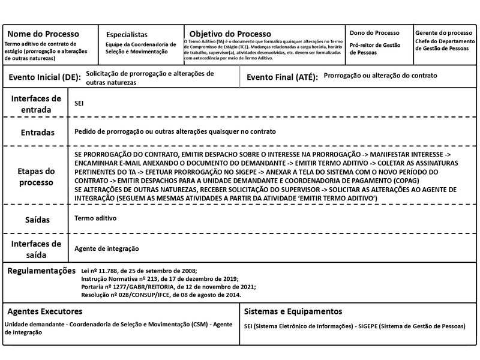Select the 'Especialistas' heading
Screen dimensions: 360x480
pos(127,34)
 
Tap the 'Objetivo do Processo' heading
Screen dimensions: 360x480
pos(230,34)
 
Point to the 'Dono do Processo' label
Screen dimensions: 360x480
pos(374,32)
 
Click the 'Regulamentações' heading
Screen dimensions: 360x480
pos(41,271)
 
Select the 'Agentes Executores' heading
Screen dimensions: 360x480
pos(45,311)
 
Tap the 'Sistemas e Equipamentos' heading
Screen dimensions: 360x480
pos(293,311)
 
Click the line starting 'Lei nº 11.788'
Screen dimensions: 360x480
pos(139,271)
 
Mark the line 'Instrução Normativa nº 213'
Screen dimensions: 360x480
pos(160,278)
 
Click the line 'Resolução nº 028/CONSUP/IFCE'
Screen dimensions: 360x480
pos(161,295)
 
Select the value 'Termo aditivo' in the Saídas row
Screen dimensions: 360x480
pos(95,220)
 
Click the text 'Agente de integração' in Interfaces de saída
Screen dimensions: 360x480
pos(107,248)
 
